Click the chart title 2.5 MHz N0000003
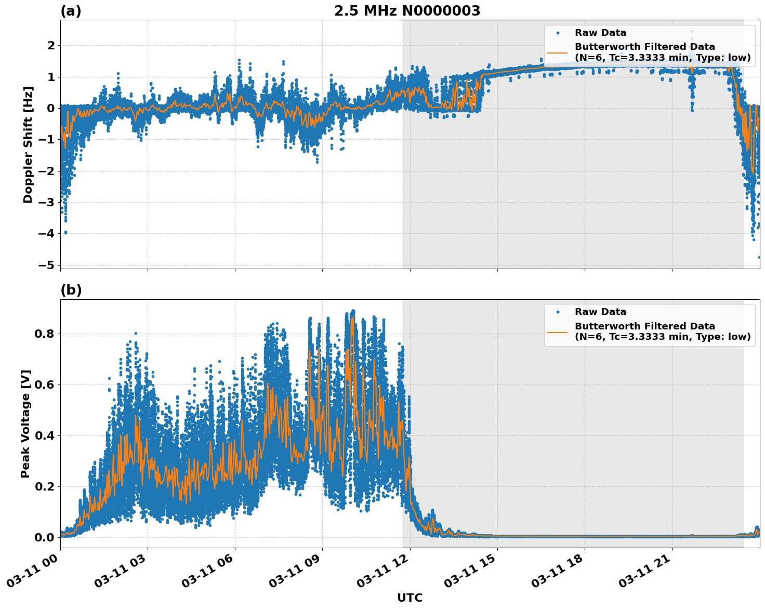click(407, 11)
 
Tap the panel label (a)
click(71, 11)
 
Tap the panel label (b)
click(71, 290)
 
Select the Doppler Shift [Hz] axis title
click(28, 144)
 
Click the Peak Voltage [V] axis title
click(25, 423)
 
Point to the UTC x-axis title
click(410, 598)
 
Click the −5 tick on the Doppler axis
click(47, 265)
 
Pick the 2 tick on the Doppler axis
click(51, 46)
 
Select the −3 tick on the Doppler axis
click(47, 202)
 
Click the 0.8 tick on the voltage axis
click(44, 334)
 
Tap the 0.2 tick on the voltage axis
click(44, 486)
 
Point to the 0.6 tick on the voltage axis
click(44, 385)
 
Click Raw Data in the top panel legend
click(600, 33)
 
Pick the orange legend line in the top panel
click(557, 52)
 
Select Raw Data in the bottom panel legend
click(600, 312)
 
